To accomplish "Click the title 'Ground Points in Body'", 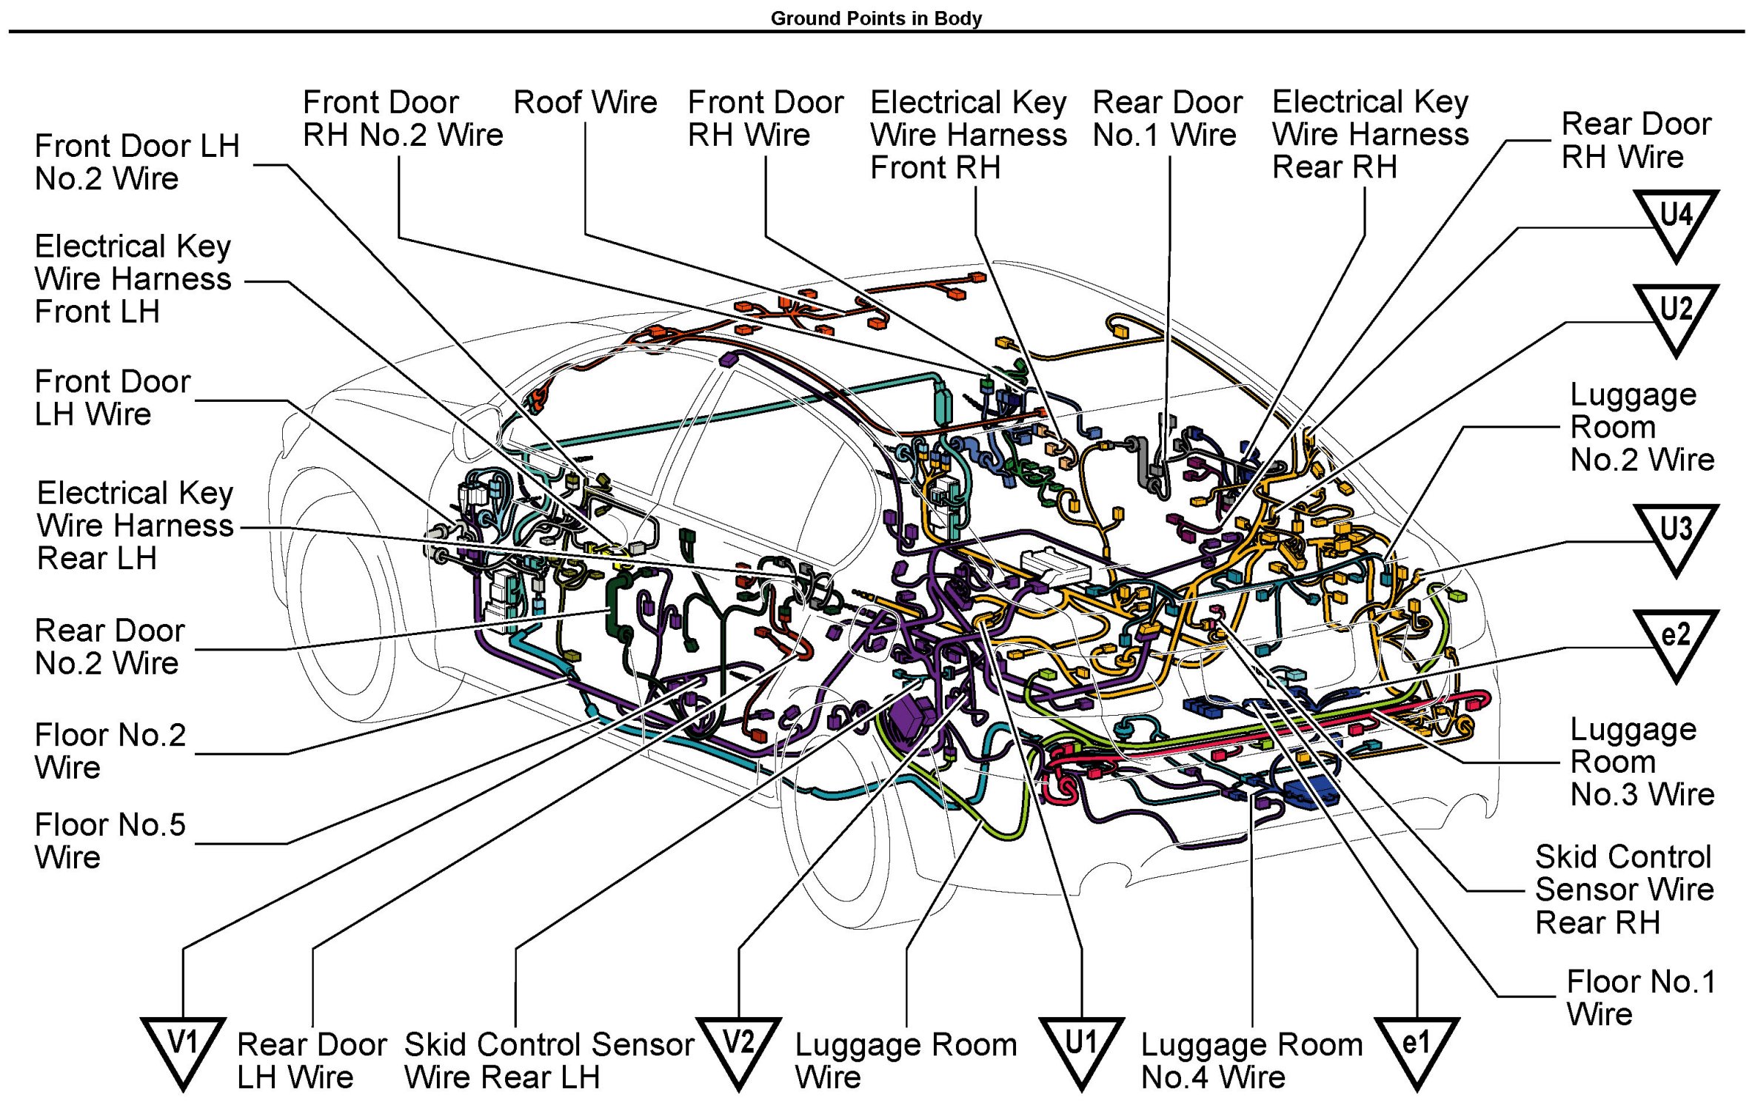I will click(x=876, y=18).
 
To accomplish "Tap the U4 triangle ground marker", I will click(x=1676, y=220).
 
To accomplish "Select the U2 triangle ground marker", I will click(x=1676, y=314).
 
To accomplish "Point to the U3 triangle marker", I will click(x=1676, y=534).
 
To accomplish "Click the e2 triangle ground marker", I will click(x=1676, y=640).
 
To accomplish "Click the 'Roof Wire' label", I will click(x=585, y=102).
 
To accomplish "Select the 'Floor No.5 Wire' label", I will click(x=110, y=841).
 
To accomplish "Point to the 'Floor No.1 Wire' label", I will click(x=1641, y=998).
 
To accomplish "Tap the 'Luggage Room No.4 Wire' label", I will click(x=1251, y=1061).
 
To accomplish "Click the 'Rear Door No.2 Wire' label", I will click(x=110, y=647).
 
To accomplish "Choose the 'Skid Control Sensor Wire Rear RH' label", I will click(x=1624, y=889).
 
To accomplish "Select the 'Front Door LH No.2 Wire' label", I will click(x=137, y=162).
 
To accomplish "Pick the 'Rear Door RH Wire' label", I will click(x=1636, y=140).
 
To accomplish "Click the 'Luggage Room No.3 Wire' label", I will click(x=1642, y=762).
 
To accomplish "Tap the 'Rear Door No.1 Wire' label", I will click(x=1167, y=118).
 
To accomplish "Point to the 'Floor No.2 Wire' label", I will click(x=110, y=751).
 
